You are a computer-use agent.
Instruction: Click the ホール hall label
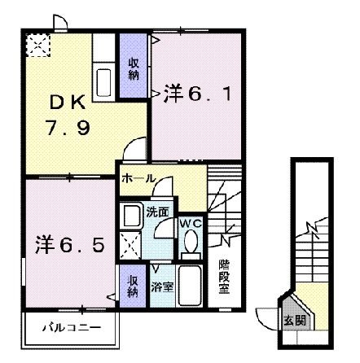(138, 178)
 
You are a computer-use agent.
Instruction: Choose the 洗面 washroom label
(158, 212)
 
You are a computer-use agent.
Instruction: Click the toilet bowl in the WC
(191, 242)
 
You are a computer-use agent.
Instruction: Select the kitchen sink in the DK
(105, 81)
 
